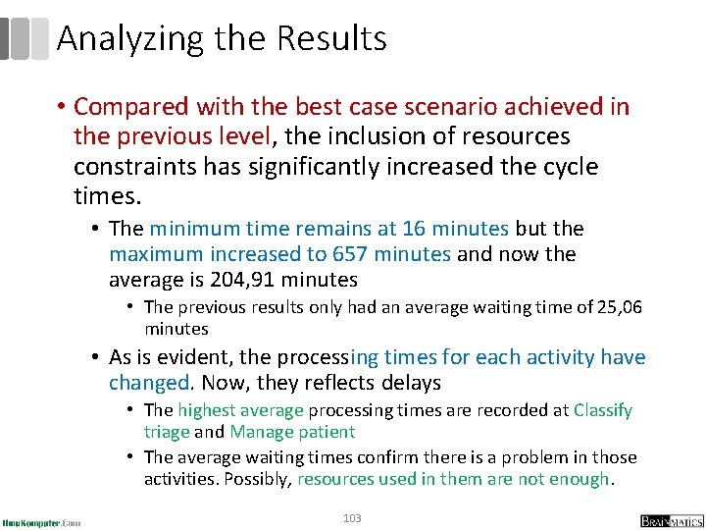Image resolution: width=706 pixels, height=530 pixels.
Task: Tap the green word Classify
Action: pyautogui.click(x=603, y=410)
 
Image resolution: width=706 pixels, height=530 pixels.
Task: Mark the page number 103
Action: pyautogui.click(x=352, y=517)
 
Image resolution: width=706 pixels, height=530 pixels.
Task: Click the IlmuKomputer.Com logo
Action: pyautogui.click(x=41, y=521)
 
